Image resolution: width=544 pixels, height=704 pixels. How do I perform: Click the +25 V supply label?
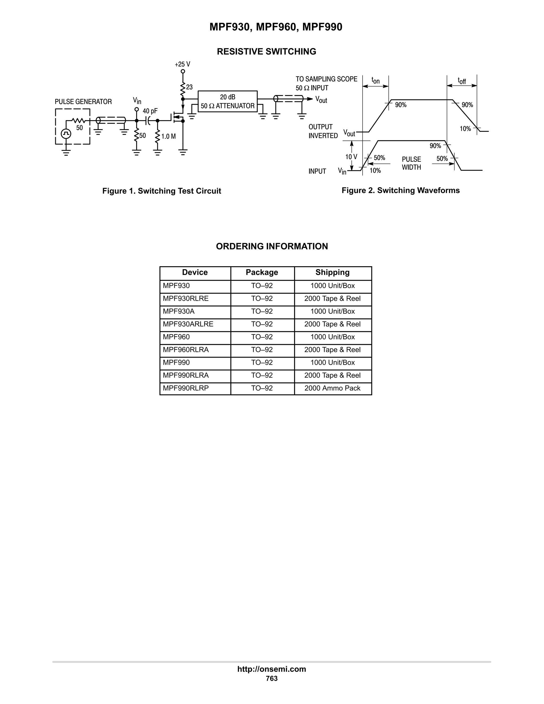coord(182,64)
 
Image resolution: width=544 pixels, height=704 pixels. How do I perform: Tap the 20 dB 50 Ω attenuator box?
coord(228,101)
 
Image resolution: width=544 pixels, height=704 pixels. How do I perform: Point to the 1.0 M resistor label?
coord(169,136)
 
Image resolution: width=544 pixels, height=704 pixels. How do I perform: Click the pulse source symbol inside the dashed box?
coord(66,133)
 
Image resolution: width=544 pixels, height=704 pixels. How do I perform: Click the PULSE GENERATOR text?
coord(83,102)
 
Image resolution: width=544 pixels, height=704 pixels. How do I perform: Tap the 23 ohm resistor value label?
coord(189,87)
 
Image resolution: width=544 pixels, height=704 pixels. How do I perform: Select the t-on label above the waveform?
coord(375,80)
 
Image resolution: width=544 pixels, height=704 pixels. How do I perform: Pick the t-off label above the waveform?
coord(462,80)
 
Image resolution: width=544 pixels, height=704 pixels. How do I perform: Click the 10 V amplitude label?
coord(351,157)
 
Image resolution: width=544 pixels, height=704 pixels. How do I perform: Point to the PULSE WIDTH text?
coord(411,163)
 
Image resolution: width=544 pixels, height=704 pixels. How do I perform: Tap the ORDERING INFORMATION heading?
coord(272,246)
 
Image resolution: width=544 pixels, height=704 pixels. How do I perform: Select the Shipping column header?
coord(332,272)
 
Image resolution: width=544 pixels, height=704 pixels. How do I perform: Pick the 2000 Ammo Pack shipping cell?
coord(332,388)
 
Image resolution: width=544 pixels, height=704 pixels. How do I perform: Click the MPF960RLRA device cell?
coord(186,350)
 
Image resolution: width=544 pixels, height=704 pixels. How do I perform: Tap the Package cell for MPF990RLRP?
coord(262,388)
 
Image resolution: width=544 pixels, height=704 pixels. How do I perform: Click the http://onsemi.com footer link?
coord(272,669)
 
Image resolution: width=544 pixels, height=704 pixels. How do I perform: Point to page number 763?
coord(272,678)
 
